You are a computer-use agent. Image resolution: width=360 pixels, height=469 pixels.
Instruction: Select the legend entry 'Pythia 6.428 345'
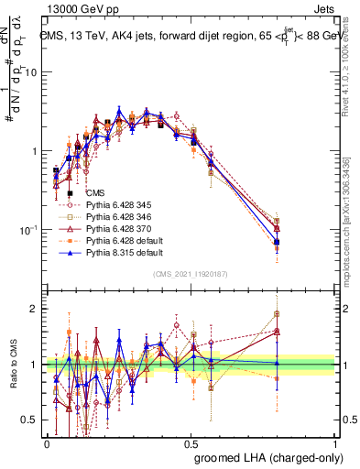pyautogui.click(x=119, y=205)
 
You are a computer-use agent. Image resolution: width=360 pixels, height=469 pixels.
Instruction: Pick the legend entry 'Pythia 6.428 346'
pyautogui.click(x=119, y=217)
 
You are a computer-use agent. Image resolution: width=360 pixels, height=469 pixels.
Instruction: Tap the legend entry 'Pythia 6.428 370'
pyautogui.click(x=119, y=229)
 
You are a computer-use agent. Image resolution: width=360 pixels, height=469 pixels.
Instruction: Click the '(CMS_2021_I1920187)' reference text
pyautogui.click(x=191, y=274)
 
